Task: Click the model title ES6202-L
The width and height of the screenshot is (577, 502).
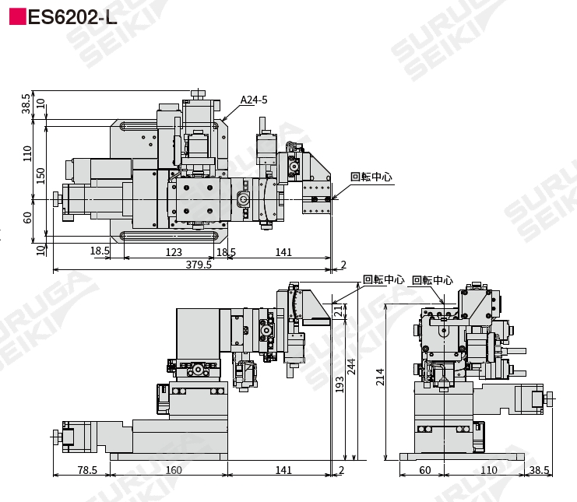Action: point(72,17)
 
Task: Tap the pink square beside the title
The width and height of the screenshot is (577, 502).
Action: point(17,17)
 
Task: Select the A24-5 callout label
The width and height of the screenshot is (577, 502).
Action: point(254,100)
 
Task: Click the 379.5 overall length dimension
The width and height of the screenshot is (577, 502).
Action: point(199,265)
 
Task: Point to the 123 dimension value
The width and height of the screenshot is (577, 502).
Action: point(174,252)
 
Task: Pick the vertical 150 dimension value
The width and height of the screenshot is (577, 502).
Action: point(40,176)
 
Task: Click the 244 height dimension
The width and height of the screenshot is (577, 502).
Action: point(351,367)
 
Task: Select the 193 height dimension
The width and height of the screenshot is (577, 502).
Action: point(340,384)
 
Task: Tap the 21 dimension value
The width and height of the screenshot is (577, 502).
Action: point(340,310)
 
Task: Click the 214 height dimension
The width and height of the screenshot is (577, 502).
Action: point(380,377)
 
